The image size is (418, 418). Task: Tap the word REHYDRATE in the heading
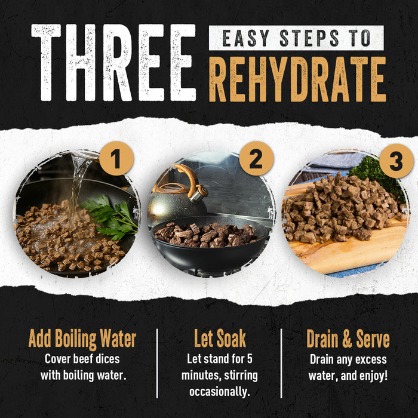pos(297,79)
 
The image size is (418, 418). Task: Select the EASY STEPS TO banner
pos(296,38)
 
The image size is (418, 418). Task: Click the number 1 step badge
pos(116,159)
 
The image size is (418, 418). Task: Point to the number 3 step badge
pos(397,161)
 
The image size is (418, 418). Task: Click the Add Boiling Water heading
pos(82,339)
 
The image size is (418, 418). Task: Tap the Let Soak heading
pos(220,339)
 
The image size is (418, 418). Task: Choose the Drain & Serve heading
pos(348,339)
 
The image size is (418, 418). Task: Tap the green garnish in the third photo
pos(379,173)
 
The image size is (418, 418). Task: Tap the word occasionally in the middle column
pos(220,392)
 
